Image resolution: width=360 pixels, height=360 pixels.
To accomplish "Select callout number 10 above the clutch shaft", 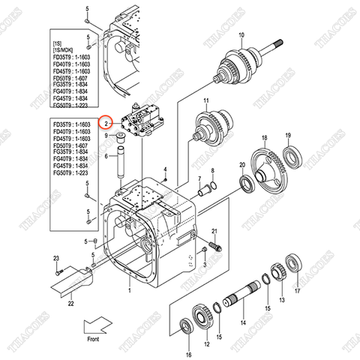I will (241, 35).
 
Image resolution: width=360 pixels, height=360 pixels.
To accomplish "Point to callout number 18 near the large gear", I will (264, 138).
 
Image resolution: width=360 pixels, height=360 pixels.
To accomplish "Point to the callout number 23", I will (55, 259).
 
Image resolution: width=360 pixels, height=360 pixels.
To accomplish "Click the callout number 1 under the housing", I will (129, 289).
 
